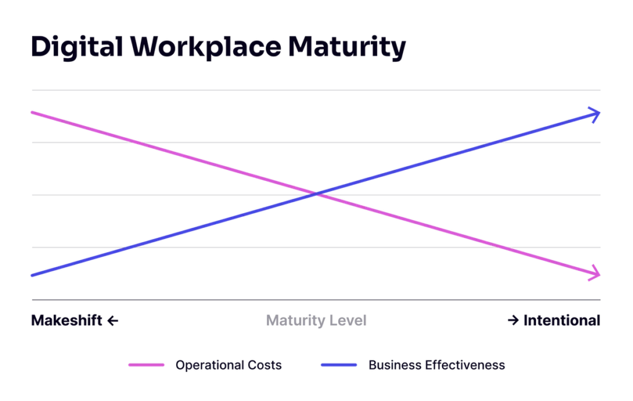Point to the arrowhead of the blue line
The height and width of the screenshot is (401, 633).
[595, 114]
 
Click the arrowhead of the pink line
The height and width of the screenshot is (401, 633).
[595, 272]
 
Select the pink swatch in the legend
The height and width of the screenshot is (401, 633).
[147, 365]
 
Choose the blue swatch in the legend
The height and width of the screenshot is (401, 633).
[338, 365]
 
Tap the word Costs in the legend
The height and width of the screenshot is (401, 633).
[266, 366]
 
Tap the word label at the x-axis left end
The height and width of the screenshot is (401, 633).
[65, 321]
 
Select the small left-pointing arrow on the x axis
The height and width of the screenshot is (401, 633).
[113, 321]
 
